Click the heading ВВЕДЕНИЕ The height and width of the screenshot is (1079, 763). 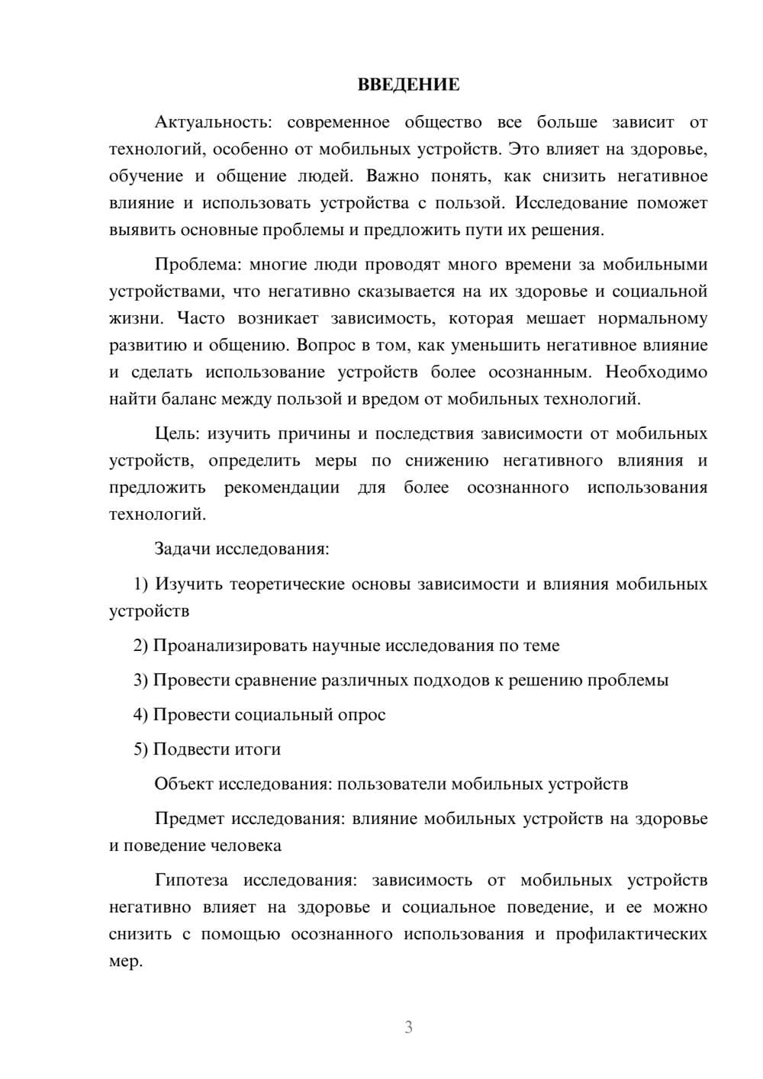pyautogui.click(x=408, y=85)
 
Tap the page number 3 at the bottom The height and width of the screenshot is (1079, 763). pyautogui.click(x=408, y=1027)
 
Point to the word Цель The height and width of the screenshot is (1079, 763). pyautogui.click(x=176, y=433)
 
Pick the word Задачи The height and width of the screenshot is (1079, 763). pyautogui.click(x=183, y=549)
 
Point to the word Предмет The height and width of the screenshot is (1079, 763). pyautogui.click(x=189, y=819)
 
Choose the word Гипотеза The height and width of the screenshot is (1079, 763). pyautogui.click(x=191, y=880)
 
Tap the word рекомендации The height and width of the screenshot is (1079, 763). pyautogui.click(x=282, y=487)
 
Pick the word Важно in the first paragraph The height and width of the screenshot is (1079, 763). pyautogui.click(x=392, y=176)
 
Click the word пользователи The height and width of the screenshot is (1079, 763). pyautogui.click(x=392, y=784)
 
